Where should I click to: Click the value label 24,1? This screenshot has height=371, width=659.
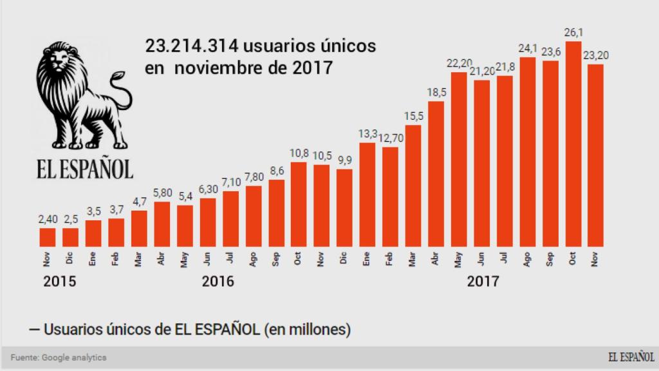pyautogui.click(x=528, y=48)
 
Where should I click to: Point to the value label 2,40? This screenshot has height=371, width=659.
pyautogui.click(x=48, y=220)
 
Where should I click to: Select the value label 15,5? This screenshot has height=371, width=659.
pyautogui.click(x=413, y=116)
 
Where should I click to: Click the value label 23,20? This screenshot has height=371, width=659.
pyautogui.click(x=597, y=55)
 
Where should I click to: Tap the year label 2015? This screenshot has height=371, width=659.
pyautogui.click(x=60, y=281)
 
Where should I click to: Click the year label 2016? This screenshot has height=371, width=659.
pyautogui.click(x=218, y=281)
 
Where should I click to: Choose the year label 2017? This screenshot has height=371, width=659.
pyautogui.click(x=483, y=281)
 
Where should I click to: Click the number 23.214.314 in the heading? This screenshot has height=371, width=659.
pyautogui.click(x=191, y=47)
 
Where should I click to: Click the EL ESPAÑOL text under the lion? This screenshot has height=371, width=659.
pyautogui.click(x=84, y=169)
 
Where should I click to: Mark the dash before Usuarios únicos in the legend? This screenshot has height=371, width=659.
pyautogui.click(x=35, y=330)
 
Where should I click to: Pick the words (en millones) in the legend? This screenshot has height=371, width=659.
pyautogui.click(x=308, y=330)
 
